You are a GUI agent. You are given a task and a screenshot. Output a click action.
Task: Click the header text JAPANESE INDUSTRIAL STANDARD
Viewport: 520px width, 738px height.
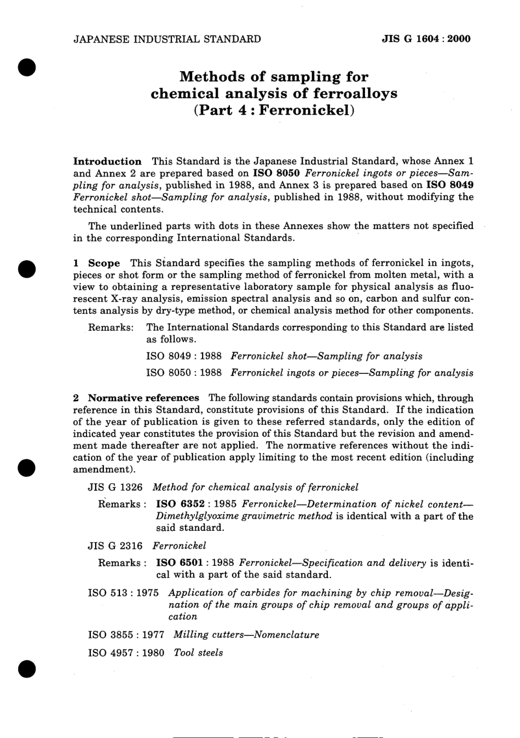(167, 39)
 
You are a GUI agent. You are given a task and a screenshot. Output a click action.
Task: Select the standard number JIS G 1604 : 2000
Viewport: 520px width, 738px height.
(426, 39)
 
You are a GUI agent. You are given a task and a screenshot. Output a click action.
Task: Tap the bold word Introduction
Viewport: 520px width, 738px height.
(107, 161)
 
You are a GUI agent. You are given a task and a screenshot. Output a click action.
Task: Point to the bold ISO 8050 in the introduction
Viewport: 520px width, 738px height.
(275, 173)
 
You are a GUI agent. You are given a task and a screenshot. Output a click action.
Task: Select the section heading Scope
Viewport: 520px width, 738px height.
(104, 263)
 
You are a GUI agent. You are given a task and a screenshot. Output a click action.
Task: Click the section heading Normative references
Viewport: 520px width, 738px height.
(143, 398)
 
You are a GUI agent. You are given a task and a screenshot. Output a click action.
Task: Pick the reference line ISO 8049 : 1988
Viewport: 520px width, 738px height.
(184, 356)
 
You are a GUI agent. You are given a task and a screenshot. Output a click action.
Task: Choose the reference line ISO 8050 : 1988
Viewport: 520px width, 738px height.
(184, 373)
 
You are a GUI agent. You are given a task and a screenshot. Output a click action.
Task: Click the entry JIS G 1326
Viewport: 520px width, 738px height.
(115, 487)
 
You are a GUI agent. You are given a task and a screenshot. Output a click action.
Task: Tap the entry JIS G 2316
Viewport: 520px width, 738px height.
(115, 546)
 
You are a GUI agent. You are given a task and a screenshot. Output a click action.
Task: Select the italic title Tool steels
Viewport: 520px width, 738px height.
(198, 653)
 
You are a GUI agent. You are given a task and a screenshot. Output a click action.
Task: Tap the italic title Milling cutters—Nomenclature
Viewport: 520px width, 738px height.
(246, 635)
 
